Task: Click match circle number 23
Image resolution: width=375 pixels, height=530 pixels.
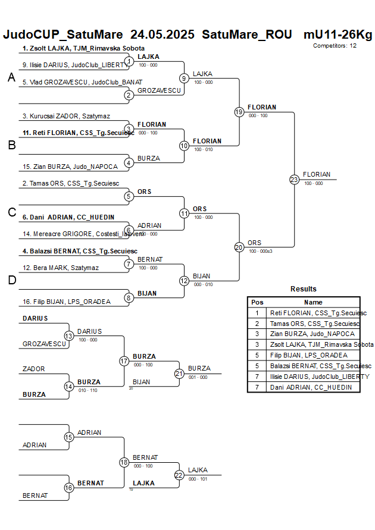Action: [294, 179]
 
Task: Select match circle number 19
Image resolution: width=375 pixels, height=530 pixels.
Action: [239, 112]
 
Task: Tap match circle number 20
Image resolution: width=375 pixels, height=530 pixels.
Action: [239, 247]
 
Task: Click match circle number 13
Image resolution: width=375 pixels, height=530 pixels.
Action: [68, 336]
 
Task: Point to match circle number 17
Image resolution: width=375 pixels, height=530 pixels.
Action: [124, 361]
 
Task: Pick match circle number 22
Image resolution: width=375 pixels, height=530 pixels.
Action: [179, 475]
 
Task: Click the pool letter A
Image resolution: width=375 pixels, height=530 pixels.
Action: [11, 77]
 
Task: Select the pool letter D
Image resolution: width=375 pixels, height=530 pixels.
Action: [11, 280]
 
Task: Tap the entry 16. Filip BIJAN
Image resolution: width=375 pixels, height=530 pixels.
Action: [66, 302]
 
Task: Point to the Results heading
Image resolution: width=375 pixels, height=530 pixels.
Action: [304, 289]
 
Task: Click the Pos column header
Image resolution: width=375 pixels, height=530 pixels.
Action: [257, 302]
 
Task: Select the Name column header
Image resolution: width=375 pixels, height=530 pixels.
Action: [313, 302]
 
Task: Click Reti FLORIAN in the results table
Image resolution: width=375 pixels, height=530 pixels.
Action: [318, 313]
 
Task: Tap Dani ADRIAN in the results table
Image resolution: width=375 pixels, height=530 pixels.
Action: [311, 387]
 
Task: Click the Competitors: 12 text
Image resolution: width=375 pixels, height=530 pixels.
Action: [335, 45]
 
